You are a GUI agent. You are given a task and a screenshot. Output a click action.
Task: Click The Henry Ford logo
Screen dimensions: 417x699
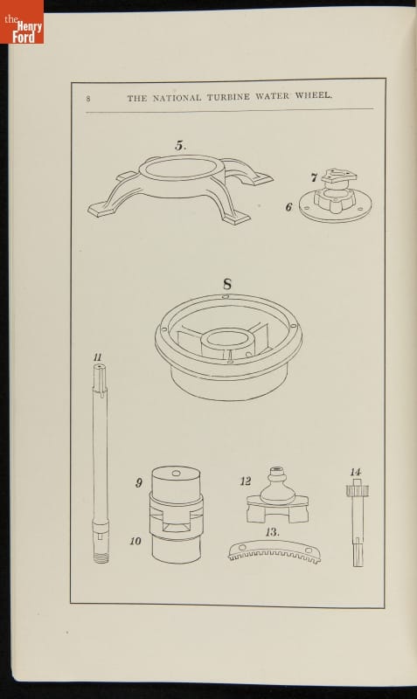point(22,21)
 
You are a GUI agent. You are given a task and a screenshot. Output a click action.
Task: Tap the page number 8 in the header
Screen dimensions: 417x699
point(88,99)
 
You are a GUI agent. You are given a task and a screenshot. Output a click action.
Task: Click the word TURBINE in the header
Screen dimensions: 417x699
point(228,97)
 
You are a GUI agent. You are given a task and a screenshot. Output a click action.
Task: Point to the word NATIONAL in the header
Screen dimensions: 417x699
point(177,98)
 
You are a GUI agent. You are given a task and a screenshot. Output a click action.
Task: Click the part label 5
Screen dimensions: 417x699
point(181,145)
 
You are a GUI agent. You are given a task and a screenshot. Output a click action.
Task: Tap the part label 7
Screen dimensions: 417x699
point(314,178)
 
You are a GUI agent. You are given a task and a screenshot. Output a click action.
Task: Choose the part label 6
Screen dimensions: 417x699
point(289,207)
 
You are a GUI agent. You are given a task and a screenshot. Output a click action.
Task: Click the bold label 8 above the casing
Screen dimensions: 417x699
point(227,284)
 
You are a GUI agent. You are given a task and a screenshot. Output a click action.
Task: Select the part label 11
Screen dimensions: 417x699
point(98,357)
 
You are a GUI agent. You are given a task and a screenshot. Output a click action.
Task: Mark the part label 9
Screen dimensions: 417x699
point(139,483)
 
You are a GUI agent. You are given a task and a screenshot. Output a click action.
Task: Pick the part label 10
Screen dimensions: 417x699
point(136,541)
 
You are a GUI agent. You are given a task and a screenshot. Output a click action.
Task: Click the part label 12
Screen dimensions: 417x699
point(246,481)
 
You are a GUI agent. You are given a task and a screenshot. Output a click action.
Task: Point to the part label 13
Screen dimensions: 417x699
point(272,532)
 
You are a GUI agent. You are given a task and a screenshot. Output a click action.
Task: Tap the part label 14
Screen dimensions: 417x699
point(356,472)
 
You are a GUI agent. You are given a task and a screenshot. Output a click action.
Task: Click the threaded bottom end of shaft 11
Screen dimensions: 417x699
point(101,557)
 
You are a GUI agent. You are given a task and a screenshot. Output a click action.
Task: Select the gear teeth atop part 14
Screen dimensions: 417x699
point(358,491)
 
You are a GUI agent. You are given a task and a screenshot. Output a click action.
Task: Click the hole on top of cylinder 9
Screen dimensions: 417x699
point(177,473)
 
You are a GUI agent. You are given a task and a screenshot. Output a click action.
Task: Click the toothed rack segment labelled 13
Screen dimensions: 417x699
point(275,552)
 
